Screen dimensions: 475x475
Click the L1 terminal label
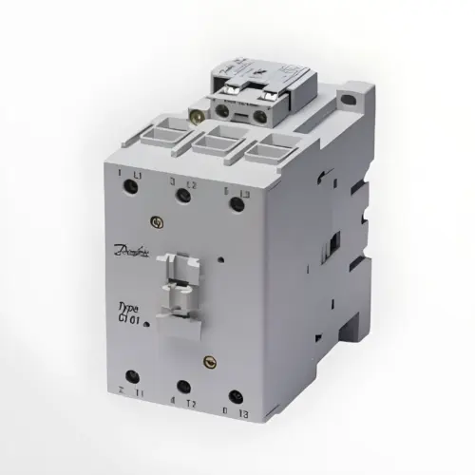[138, 176]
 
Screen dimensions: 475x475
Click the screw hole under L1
[133, 187]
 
